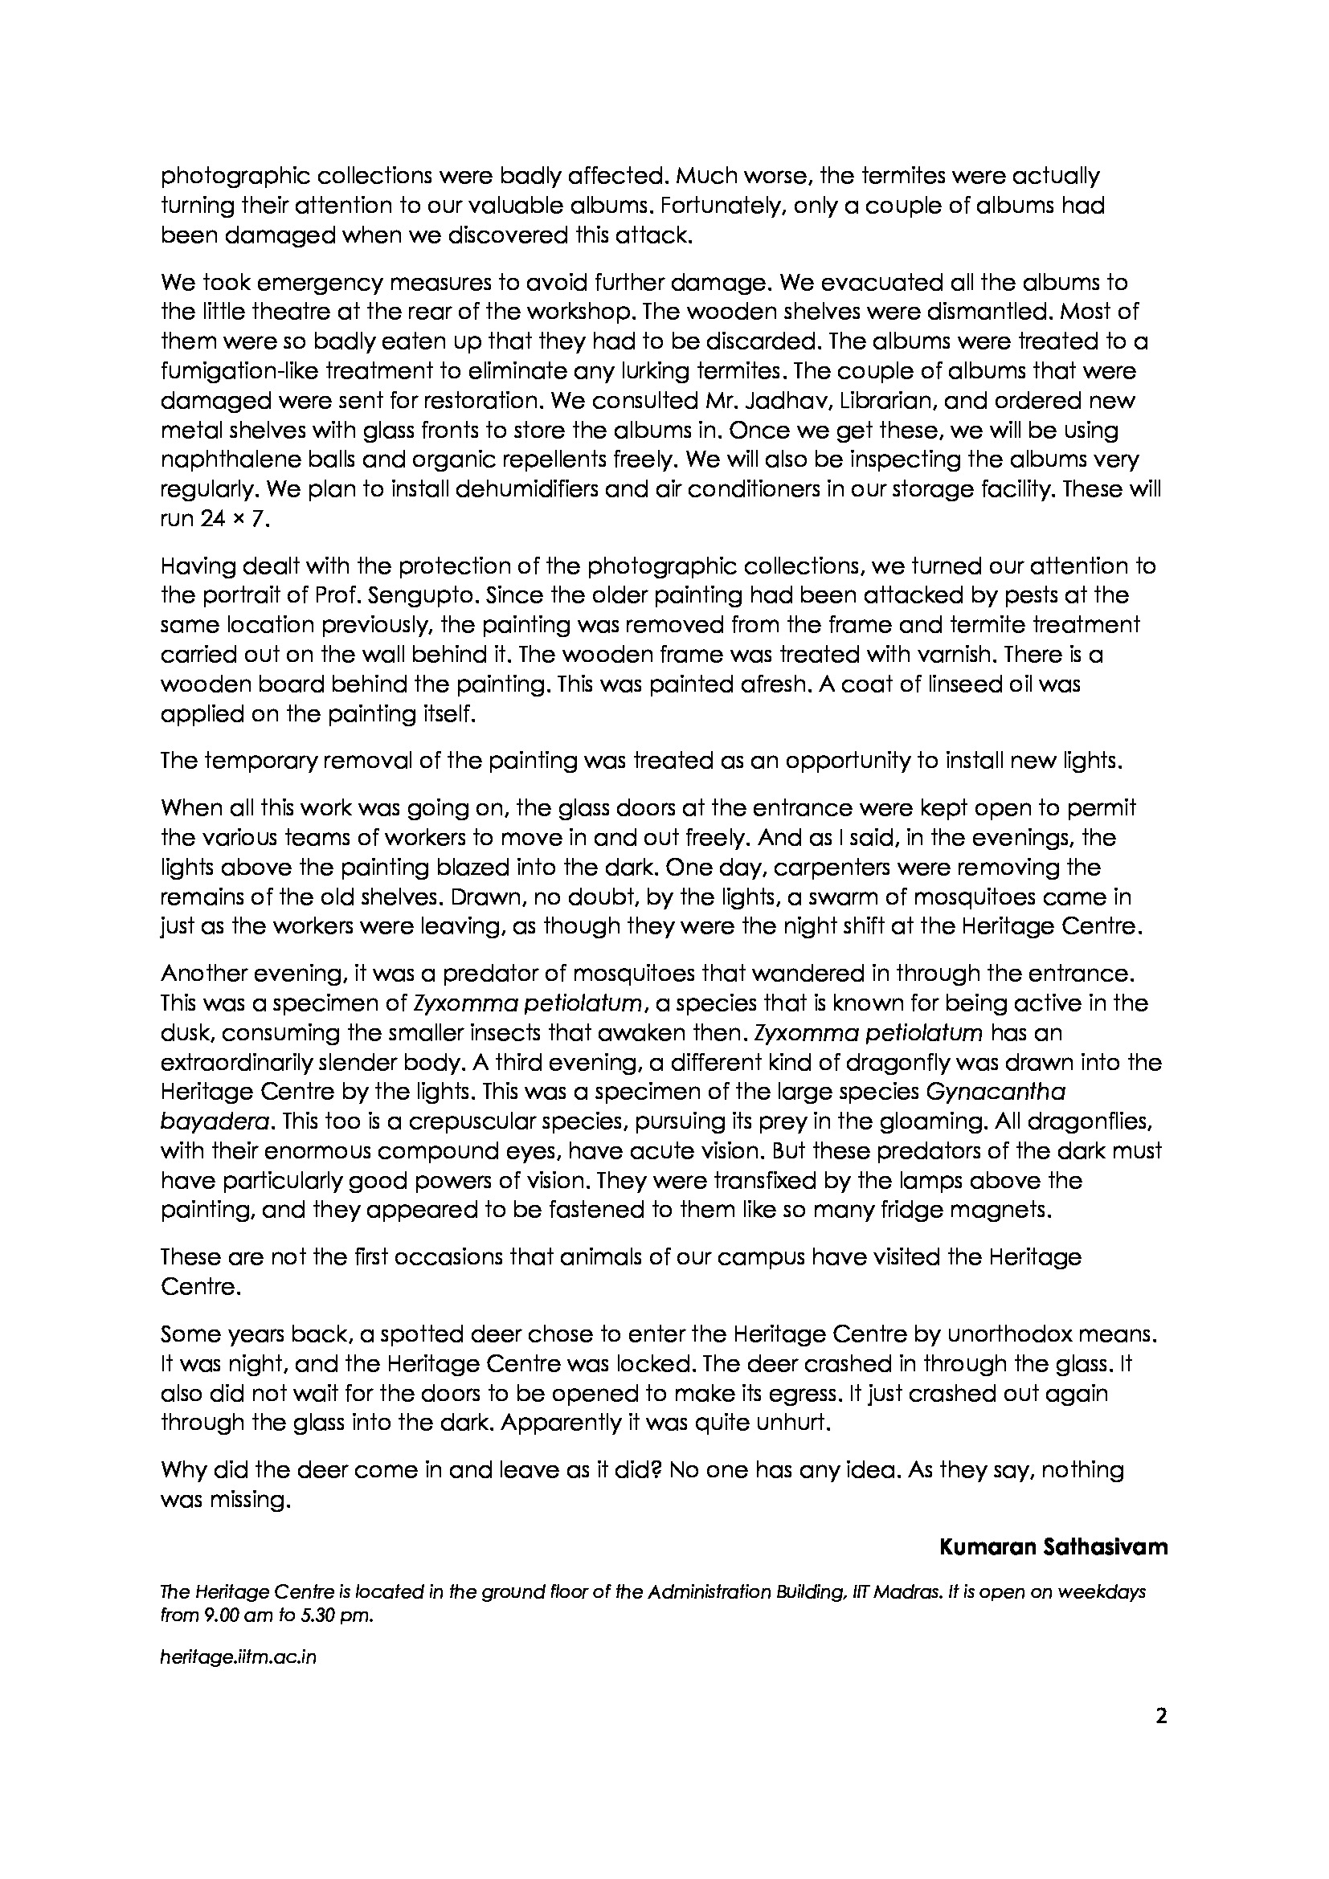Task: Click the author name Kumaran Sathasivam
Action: [x=1053, y=1547]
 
